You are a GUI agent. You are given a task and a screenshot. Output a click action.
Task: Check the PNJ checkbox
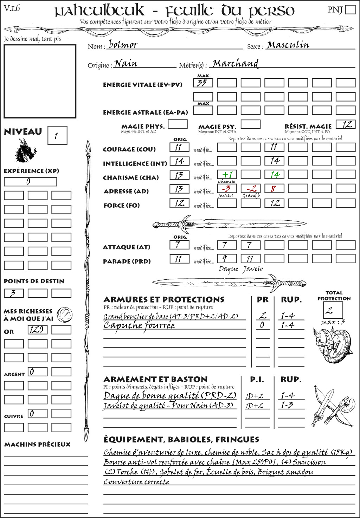pyautogui.click(x=350, y=9)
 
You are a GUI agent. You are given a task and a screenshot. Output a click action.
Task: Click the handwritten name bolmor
pyautogui.click(x=123, y=45)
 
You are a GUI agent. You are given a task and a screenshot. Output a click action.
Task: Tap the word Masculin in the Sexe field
pyautogui.click(x=288, y=45)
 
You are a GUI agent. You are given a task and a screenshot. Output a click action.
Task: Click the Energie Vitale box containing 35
pyautogui.click(x=203, y=83)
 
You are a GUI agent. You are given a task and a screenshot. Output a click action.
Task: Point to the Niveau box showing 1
pyautogui.click(x=57, y=136)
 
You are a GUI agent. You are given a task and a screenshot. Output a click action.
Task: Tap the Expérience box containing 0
pyautogui.click(x=30, y=182)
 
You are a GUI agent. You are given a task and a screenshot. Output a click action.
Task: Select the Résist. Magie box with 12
pyautogui.click(x=345, y=124)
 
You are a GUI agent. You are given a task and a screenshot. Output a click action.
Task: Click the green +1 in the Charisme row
pyautogui.click(x=227, y=175)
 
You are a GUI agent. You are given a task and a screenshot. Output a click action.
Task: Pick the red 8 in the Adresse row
pyautogui.click(x=274, y=189)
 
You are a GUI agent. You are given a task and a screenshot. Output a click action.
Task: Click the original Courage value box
pyautogui.click(x=179, y=147)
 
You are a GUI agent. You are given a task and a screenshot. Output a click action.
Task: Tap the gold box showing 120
pyautogui.click(x=37, y=330)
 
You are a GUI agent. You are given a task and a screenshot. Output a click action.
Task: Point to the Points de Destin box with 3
pyautogui.click(x=14, y=293)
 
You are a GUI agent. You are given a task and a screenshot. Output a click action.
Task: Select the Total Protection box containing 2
pyautogui.click(x=333, y=310)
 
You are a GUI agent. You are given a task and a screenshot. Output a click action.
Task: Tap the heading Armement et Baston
pyautogui.click(x=155, y=380)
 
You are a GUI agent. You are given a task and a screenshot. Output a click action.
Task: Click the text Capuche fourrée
pyautogui.click(x=139, y=325)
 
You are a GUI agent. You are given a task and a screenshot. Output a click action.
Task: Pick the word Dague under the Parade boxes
pyautogui.click(x=228, y=269)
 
